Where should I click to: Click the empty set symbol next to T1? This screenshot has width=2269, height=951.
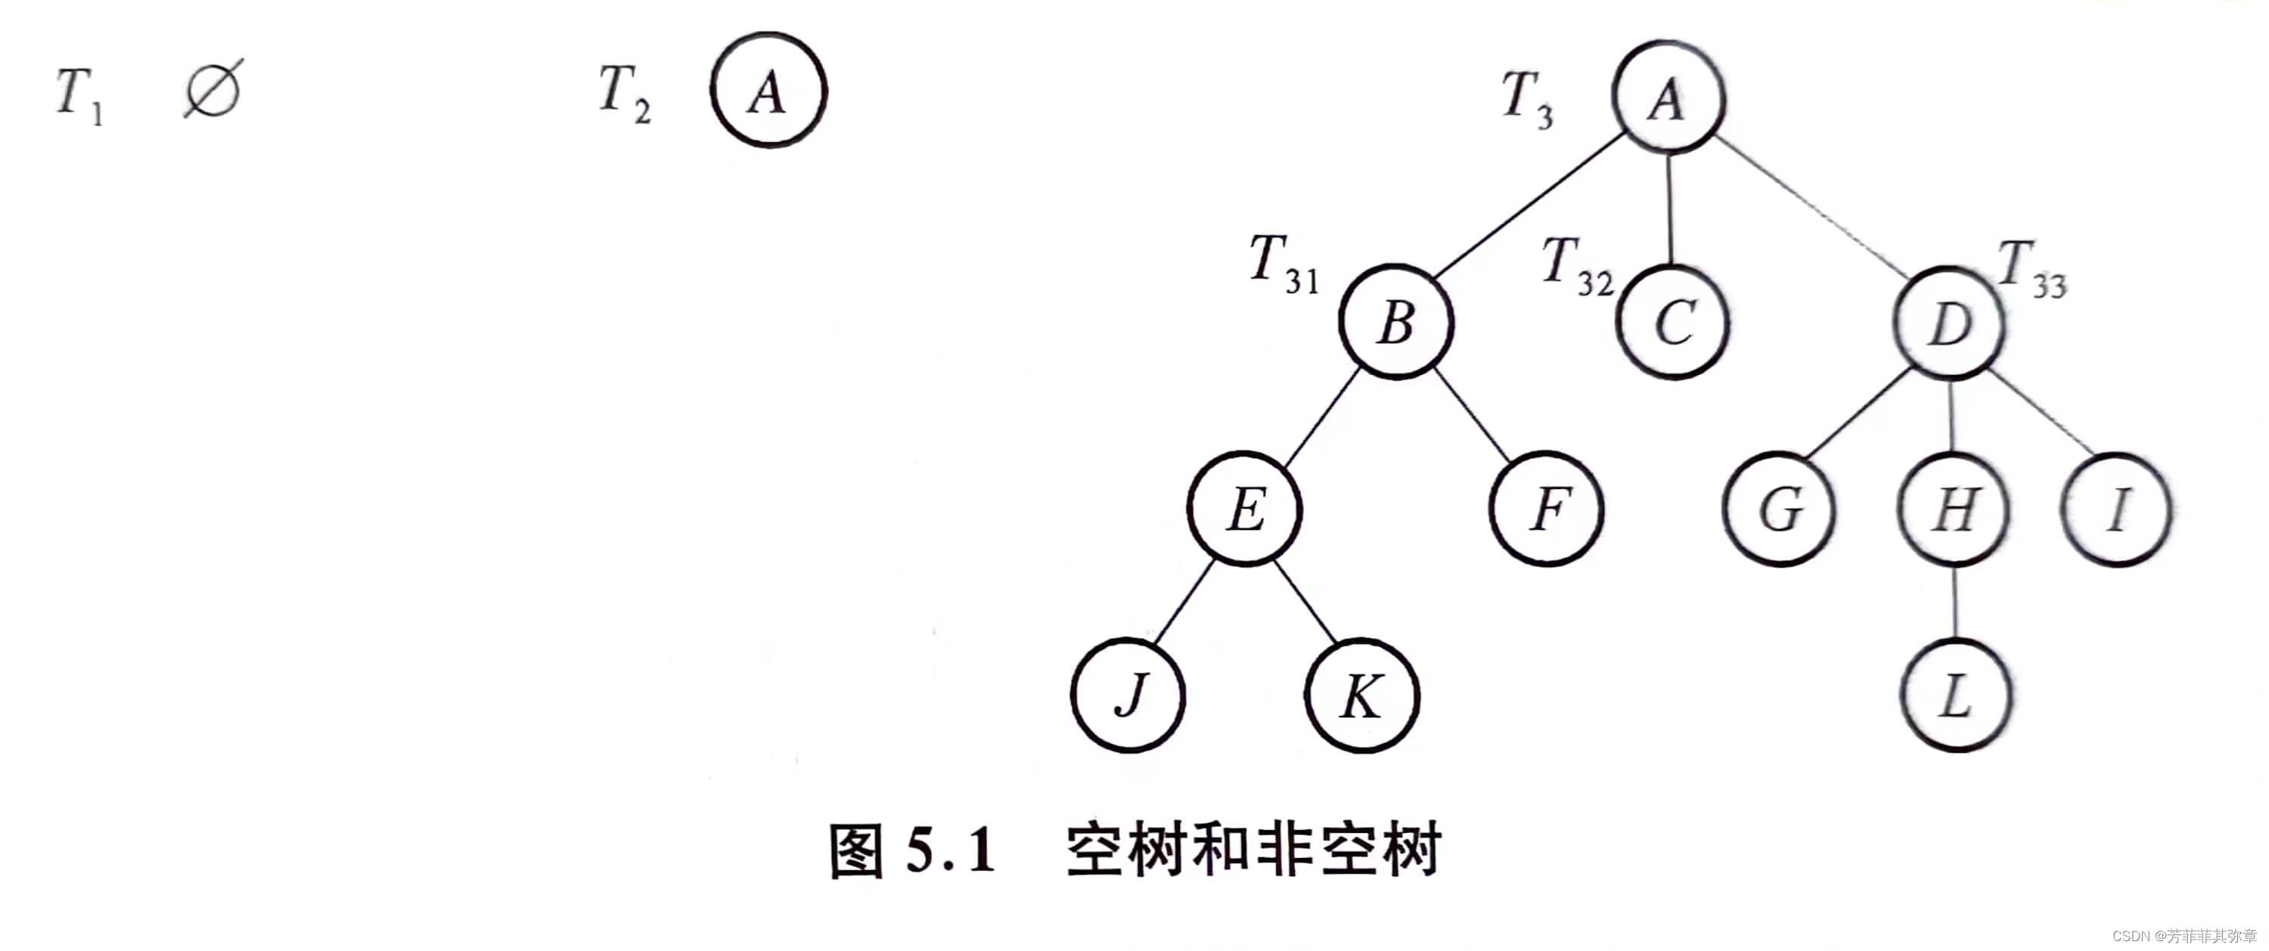point(213,90)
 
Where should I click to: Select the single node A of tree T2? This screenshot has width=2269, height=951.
point(768,91)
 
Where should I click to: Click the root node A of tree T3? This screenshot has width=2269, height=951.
point(1668,97)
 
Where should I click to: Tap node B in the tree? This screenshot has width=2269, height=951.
point(1396,322)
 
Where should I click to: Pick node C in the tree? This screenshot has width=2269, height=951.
point(1673,322)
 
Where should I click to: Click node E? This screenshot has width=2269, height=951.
point(1245,509)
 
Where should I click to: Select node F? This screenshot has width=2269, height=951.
point(1547,509)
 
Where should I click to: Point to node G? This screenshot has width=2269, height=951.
point(1779,510)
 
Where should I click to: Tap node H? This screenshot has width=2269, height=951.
point(1954,510)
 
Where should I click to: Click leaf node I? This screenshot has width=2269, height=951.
point(2118,510)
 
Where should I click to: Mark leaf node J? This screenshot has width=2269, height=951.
point(1128,695)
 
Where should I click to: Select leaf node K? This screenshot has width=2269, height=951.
point(1361,695)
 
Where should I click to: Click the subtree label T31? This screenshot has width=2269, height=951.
point(1283,263)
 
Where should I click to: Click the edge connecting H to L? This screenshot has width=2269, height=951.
point(1955,603)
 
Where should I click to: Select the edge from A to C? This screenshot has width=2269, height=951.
point(1670,209)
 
